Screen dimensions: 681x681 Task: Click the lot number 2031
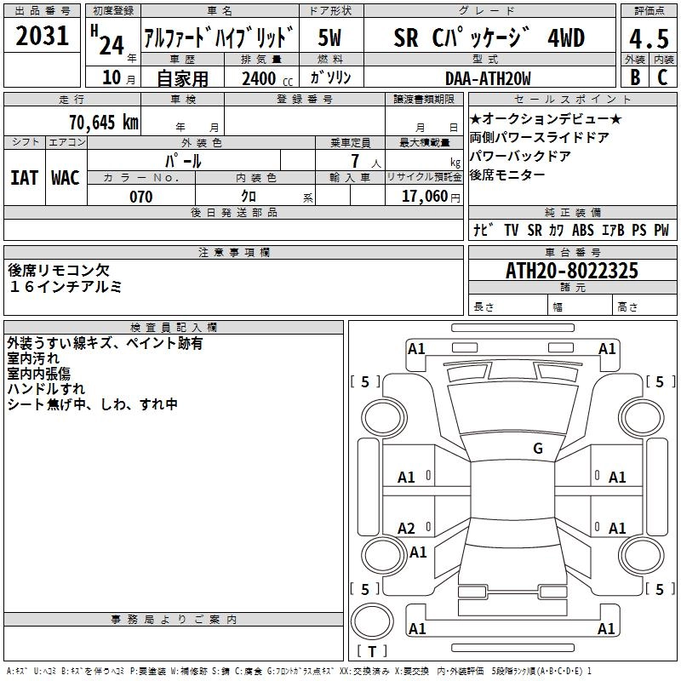[x=43, y=37]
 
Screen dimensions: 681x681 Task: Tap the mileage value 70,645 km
[x=100, y=123]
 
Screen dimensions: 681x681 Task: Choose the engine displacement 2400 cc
[x=260, y=78]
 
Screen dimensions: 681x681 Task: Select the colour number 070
[x=140, y=197]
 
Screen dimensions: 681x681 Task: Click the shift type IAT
[x=25, y=178]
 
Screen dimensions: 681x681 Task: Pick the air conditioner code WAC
[x=66, y=178]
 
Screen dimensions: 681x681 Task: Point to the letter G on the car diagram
[x=538, y=449]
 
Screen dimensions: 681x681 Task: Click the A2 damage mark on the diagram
[x=407, y=529]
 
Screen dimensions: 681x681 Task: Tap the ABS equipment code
[x=583, y=230]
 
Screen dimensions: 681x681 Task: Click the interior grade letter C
[x=661, y=77]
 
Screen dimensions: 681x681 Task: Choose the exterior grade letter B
[x=634, y=77]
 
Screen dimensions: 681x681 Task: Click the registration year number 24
[x=111, y=43]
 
